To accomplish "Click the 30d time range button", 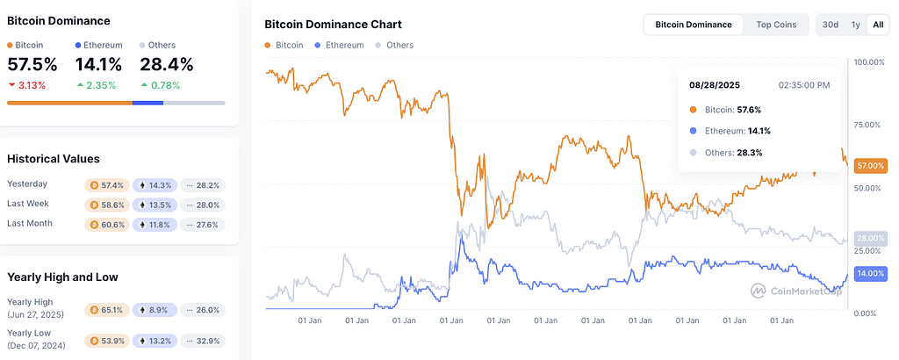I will click(x=831, y=25).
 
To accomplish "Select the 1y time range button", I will click(x=855, y=25).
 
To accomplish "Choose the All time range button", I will click(x=877, y=25).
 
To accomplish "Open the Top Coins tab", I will click(x=776, y=25).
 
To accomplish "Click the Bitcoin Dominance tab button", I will click(x=694, y=25).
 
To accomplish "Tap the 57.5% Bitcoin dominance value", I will click(x=32, y=64).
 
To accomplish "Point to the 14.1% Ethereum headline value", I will click(x=99, y=64).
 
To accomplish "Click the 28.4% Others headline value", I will click(x=167, y=64).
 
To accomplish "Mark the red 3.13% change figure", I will click(x=31, y=84).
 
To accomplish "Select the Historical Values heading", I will click(x=53, y=159).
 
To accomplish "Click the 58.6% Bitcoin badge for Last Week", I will click(x=106, y=205).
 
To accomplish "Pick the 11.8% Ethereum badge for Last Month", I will click(x=155, y=225).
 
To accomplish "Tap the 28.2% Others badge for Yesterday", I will click(x=203, y=185).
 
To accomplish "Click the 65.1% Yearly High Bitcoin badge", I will click(x=106, y=310).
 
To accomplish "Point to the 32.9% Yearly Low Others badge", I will click(x=203, y=340).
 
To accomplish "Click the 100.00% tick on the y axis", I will click(x=868, y=62).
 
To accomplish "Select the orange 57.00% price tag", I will click(x=869, y=165).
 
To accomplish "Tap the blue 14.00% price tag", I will click(x=869, y=274).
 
